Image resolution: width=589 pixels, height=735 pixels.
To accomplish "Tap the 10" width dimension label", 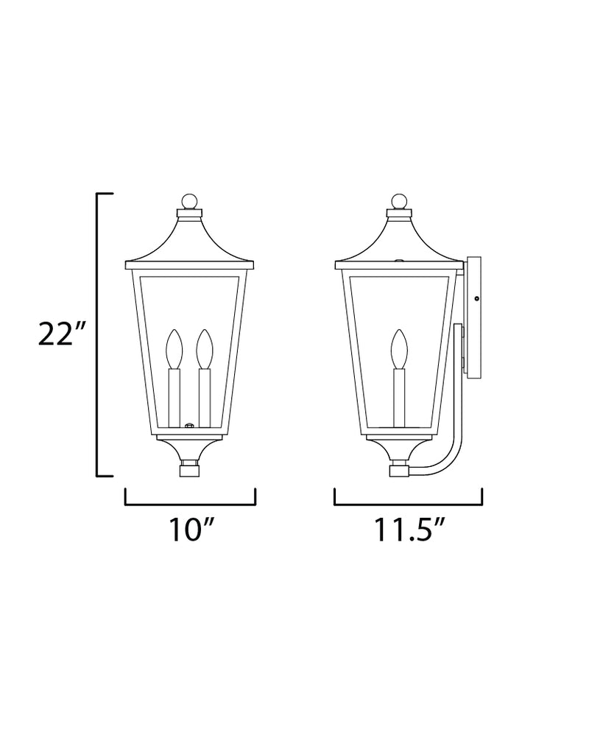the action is click(191, 530).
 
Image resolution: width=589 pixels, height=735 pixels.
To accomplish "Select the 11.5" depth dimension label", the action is click(409, 530).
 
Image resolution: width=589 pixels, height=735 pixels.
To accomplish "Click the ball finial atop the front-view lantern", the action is click(190, 201).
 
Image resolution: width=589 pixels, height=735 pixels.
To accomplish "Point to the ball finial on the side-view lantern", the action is click(400, 201).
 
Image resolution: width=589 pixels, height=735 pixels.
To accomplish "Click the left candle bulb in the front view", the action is click(174, 349).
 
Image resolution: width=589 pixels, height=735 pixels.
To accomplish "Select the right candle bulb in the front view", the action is click(204, 349).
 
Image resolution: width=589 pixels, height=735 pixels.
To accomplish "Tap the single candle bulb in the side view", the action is click(399, 349).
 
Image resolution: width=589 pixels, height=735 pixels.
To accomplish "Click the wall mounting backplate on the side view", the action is click(473, 315).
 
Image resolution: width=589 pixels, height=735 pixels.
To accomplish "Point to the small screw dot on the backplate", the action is click(476, 298).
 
